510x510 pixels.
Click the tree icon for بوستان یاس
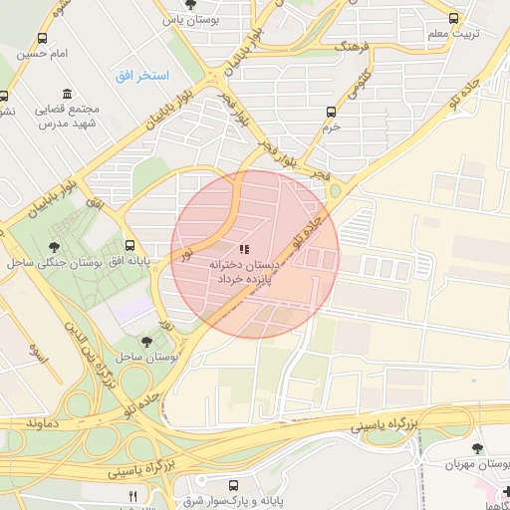tap(191, 5)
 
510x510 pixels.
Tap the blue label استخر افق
tap(141, 76)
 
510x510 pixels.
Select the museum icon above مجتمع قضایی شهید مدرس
tap(67, 93)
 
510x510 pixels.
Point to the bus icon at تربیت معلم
tap(454, 18)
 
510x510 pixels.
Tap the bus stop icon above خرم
tap(332, 113)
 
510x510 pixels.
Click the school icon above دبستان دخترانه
tap(244, 250)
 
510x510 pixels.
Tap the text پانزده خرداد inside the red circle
tap(245, 281)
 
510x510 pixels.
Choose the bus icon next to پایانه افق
tap(130, 245)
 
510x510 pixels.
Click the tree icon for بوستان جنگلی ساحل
tap(54, 247)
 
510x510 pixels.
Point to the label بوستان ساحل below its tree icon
tap(147, 356)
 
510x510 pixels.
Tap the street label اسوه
tap(38, 351)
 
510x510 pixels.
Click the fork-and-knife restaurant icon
tap(133, 495)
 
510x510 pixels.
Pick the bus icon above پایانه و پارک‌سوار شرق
tap(233, 486)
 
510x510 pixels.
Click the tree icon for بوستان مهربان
tap(476, 449)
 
